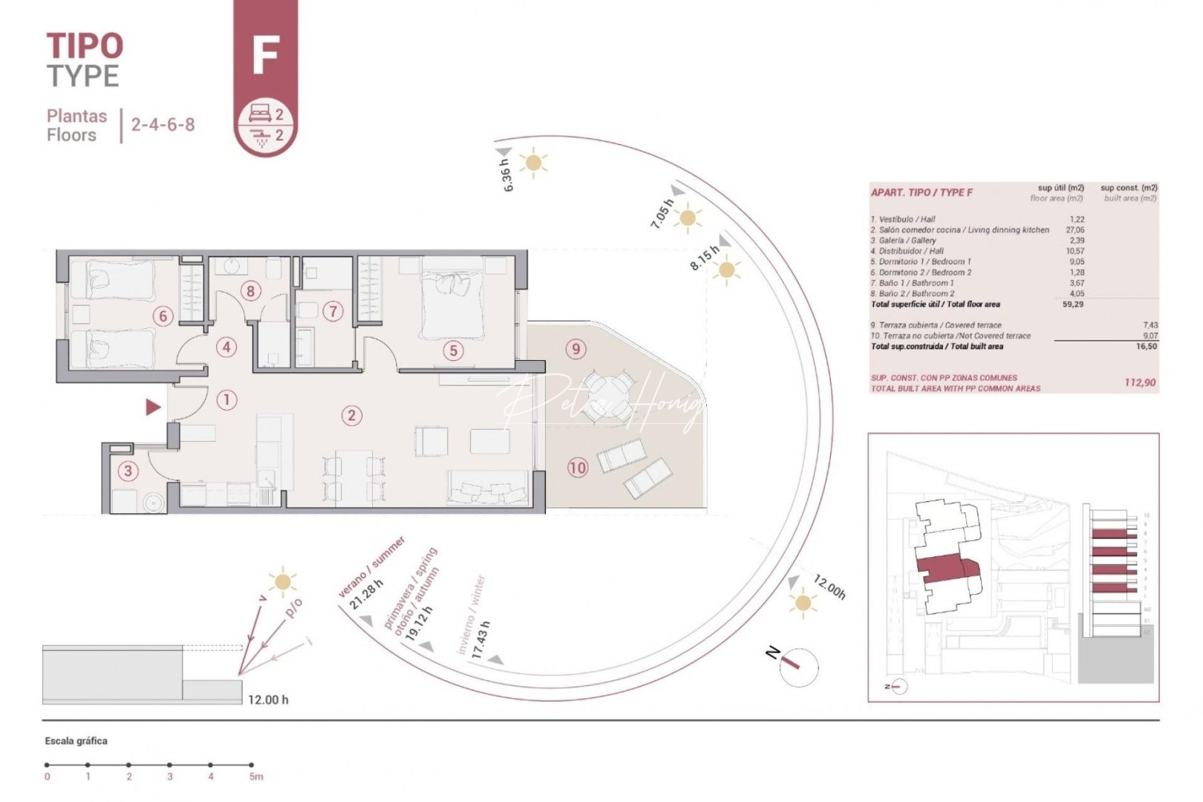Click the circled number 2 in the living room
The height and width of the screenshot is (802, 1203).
coord(352,416)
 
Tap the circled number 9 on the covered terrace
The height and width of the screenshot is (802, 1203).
coord(576,348)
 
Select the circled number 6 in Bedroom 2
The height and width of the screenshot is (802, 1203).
coord(163,316)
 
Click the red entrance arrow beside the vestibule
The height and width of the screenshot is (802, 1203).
coord(153,407)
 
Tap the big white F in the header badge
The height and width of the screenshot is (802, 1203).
coord(265,54)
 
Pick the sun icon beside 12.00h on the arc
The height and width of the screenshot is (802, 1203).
coord(802,602)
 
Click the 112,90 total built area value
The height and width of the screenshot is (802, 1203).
coord(1139,382)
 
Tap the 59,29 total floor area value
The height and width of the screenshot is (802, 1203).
coord(1072,304)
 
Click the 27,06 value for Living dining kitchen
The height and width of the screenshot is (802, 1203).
coord(1074,230)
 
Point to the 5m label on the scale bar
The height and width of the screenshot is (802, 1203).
coord(255,777)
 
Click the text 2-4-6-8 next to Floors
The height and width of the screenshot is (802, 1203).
coord(163,124)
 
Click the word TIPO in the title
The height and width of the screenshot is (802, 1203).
coord(85,46)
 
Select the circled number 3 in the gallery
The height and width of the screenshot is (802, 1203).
coord(128,471)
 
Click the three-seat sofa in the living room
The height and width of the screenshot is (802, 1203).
coord(488,488)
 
